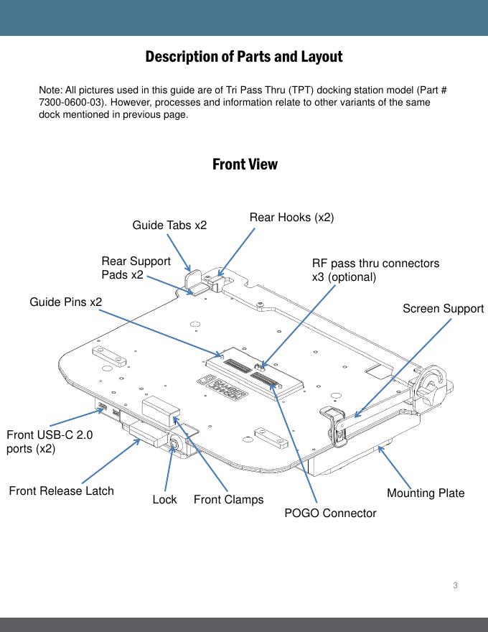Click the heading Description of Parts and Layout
(x=244, y=56)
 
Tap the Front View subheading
(x=245, y=164)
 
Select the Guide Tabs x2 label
(x=169, y=226)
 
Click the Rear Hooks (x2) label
(x=291, y=216)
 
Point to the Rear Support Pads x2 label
(x=136, y=268)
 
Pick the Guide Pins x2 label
(x=65, y=302)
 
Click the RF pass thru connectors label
(x=375, y=270)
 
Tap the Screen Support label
(x=443, y=309)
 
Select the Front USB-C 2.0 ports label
(x=49, y=442)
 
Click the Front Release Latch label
(x=61, y=491)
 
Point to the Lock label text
(x=164, y=499)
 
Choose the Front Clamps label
(x=228, y=499)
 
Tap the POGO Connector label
(x=330, y=513)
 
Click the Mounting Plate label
(x=426, y=493)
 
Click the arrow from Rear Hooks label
(x=238, y=252)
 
